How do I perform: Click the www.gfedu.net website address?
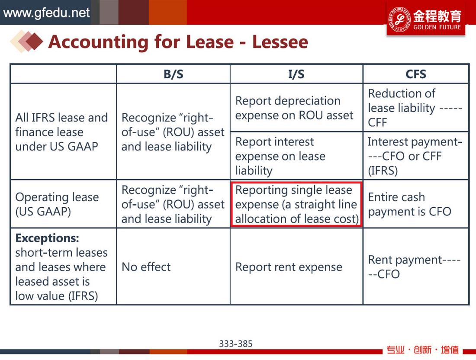coord(46,13)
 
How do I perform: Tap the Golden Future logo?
coord(426,19)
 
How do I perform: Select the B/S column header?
coord(174,74)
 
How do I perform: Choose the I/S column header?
coord(296,74)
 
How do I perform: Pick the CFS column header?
coord(416,74)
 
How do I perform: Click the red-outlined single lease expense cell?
coord(296,204)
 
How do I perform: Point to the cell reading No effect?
coord(174,267)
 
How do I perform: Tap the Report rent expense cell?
coord(296,267)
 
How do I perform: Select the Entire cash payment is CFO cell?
coord(416,204)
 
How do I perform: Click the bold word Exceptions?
coord(47,238)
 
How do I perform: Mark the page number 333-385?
coord(236,344)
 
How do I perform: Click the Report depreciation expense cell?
coord(296,108)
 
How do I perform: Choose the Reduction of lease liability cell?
coord(416,108)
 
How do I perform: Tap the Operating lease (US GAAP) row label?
coord(64,204)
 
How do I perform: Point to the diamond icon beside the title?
coord(27,41)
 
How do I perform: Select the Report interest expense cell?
coord(296,156)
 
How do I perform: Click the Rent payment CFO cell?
coord(416,267)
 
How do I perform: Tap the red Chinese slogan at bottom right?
coord(422,350)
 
